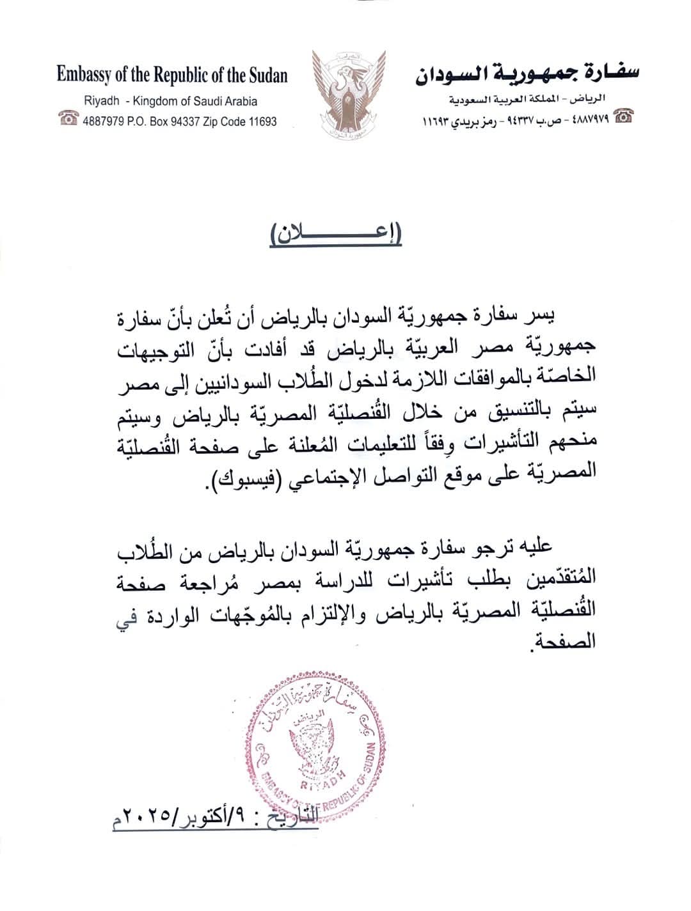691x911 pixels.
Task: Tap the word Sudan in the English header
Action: click(x=267, y=75)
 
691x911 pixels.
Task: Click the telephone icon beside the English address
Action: click(x=68, y=119)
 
